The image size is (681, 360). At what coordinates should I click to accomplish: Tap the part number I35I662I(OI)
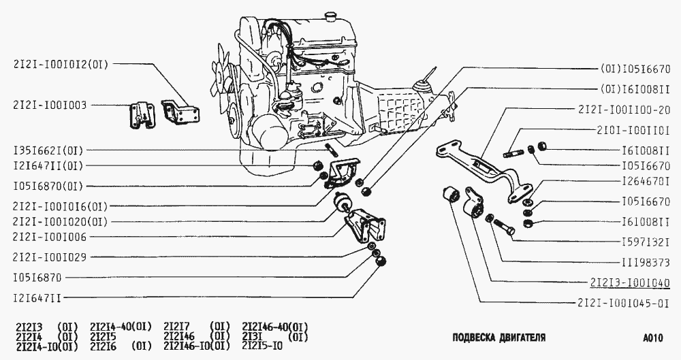[x=48, y=150]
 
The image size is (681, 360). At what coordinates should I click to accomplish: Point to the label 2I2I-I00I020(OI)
[x=60, y=222]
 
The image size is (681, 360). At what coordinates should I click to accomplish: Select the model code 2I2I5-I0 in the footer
[x=262, y=345]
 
